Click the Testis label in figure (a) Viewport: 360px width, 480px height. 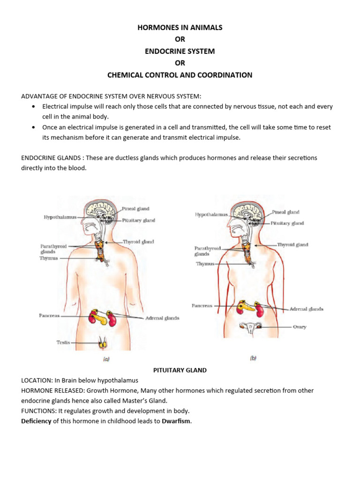click(x=63, y=343)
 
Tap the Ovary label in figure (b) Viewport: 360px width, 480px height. click(x=300, y=327)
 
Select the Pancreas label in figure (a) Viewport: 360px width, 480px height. click(x=49, y=316)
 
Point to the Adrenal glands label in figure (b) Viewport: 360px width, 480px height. click(x=306, y=309)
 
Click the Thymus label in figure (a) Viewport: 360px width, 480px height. click(x=49, y=258)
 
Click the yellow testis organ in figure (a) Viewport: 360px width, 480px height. click(x=102, y=344)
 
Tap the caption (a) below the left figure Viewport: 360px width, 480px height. click(x=106, y=360)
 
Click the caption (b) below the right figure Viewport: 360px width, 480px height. click(x=253, y=358)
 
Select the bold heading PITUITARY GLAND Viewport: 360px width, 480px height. click(x=180, y=370)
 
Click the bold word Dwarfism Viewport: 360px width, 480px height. click(x=177, y=421)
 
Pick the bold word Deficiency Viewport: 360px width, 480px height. click(x=36, y=421)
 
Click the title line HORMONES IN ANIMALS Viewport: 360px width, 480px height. click(x=180, y=28)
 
